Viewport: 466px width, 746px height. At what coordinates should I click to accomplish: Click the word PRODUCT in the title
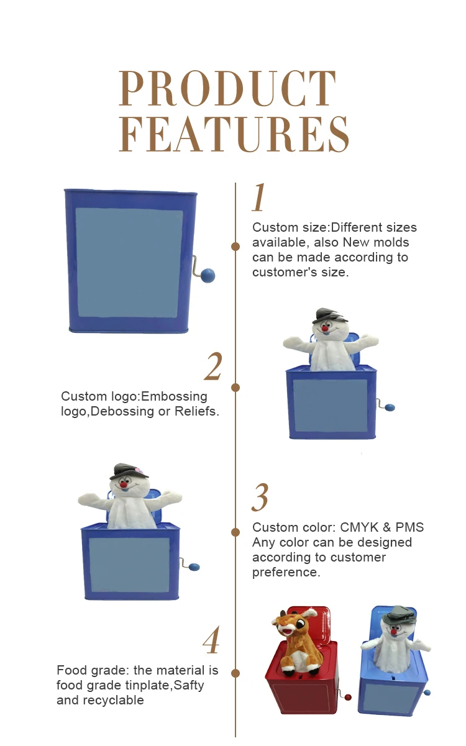[x=227, y=88]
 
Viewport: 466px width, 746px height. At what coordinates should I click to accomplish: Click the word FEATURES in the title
[x=234, y=134]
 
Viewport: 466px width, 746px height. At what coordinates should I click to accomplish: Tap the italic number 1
[x=259, y=197]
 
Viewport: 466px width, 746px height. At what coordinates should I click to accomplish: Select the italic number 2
[x=213, y=366]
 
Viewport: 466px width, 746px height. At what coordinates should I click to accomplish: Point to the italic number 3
[x=260, y=497]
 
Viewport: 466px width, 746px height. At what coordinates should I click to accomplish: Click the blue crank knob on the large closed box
[x=208, y=275]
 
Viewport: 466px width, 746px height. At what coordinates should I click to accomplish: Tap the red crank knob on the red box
[x=347, y=697]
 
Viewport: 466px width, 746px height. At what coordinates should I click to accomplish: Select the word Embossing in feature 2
[x=174, y=397]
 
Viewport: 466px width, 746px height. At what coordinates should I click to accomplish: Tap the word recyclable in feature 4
[x=114, y=701]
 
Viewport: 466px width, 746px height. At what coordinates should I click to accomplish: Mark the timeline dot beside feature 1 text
[x=235, y=247]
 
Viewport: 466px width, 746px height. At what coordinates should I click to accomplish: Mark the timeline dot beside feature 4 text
[x=235, y=673]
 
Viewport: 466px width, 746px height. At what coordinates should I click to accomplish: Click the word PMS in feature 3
[x=409, y=527]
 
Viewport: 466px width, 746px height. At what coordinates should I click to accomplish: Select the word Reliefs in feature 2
[x=197, y=411]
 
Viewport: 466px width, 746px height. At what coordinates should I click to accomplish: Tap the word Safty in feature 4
[x=189, y=686]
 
